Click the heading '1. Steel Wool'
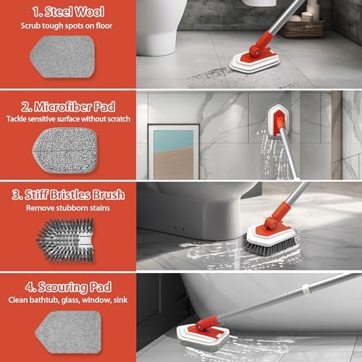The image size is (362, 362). tap(68, 12)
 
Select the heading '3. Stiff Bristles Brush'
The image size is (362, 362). tap(68, 194)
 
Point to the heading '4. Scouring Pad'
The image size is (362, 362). tap(68, 285)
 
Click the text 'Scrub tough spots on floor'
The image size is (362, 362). tap(68, 27)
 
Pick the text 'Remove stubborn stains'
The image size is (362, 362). tap(68, 209)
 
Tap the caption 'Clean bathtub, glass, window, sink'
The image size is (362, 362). tap(68, 299)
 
